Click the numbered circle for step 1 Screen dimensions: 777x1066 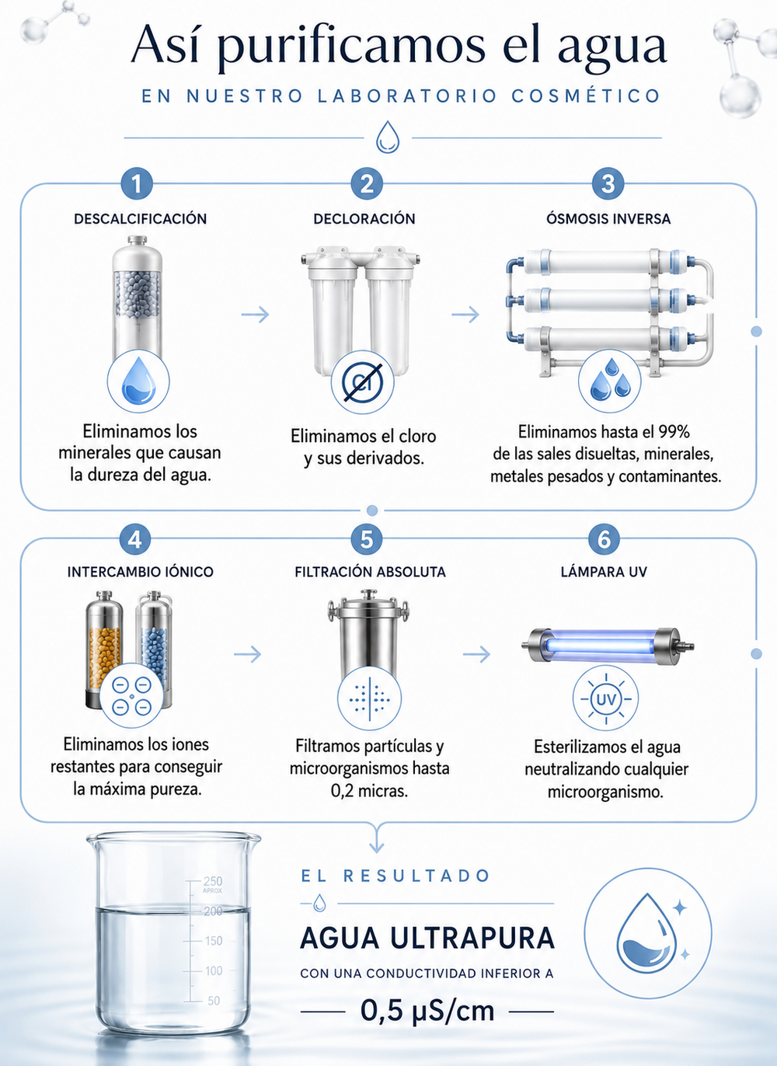[137, 183]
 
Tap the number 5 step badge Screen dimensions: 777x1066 [367, 540]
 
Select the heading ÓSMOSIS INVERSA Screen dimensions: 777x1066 [608, 219]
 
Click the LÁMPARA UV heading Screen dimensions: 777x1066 [604, 572]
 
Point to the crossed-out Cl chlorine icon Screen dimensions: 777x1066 [363, 382]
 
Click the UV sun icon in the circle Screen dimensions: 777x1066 [605, 698]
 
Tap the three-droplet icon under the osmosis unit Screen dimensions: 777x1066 [609, 381]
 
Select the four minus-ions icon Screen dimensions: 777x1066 [131, 695]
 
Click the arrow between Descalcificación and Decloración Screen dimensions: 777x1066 [255, 315]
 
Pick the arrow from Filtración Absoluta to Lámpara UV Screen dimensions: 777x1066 [477, 654]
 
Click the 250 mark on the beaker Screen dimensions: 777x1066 [213, 881]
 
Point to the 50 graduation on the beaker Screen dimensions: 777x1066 [214, 1001]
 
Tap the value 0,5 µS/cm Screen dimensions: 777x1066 [427, 1012]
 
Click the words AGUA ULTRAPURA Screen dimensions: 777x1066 [427, 938]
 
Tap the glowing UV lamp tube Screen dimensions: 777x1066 [608, 646]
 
